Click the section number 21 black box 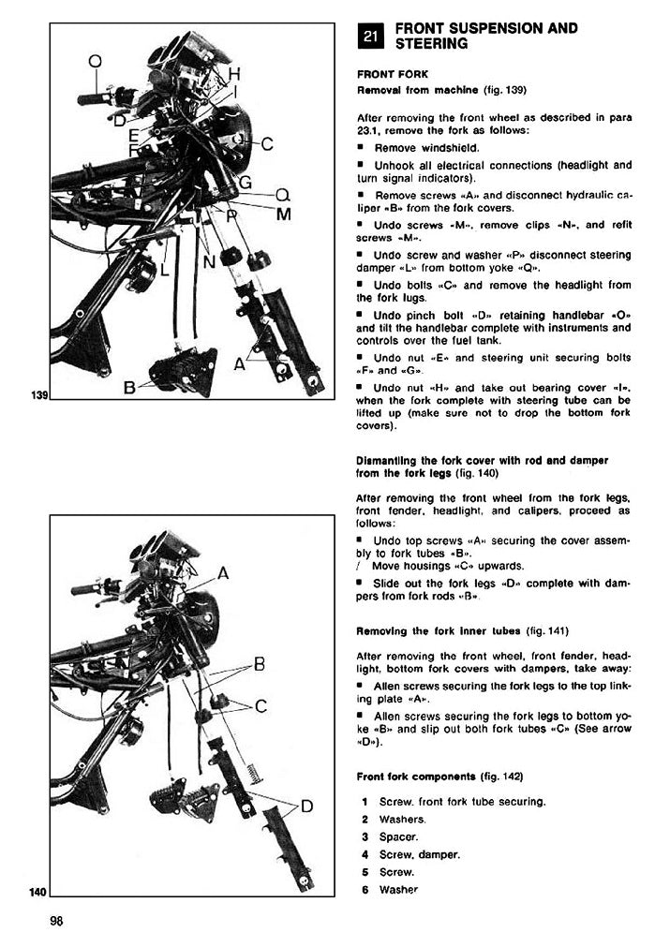(370, 36)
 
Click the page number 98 (57, 922)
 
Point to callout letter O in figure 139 (95, 62)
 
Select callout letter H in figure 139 (234, 74)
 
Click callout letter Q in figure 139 (282, 195)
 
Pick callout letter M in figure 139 (284, 215)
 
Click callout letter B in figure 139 (130, 386)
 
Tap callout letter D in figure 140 (305, 806)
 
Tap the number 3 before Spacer (365, 836)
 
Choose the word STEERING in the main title (431, 43)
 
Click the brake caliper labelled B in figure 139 (182, 369)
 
